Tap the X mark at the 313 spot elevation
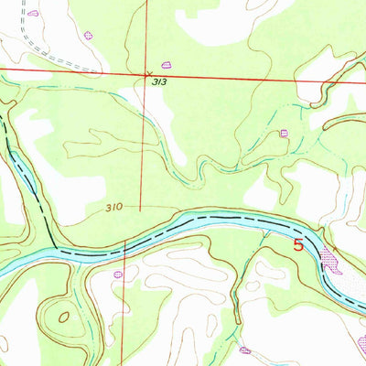click(x=149, y=73)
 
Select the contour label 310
click(x=113, y=208)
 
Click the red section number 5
click(x=298, y=244)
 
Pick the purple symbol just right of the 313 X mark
click(x=167, y=64)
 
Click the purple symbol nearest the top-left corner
click(x=33, y=14)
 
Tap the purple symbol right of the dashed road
click(x=89, y=35)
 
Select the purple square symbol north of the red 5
click(x=284, y=133)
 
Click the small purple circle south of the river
click(x=117, y=273)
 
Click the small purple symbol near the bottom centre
click(x=244, y=350)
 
